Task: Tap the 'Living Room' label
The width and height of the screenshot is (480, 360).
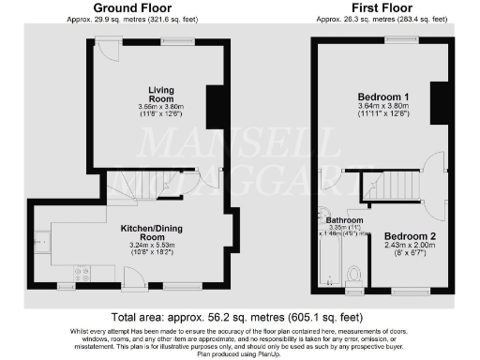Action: [162, 95]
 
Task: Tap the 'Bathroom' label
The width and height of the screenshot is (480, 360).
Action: [345, 219]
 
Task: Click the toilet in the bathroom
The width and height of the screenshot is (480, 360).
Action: [354, 273]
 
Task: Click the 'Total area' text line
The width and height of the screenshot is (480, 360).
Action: [240, 318]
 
